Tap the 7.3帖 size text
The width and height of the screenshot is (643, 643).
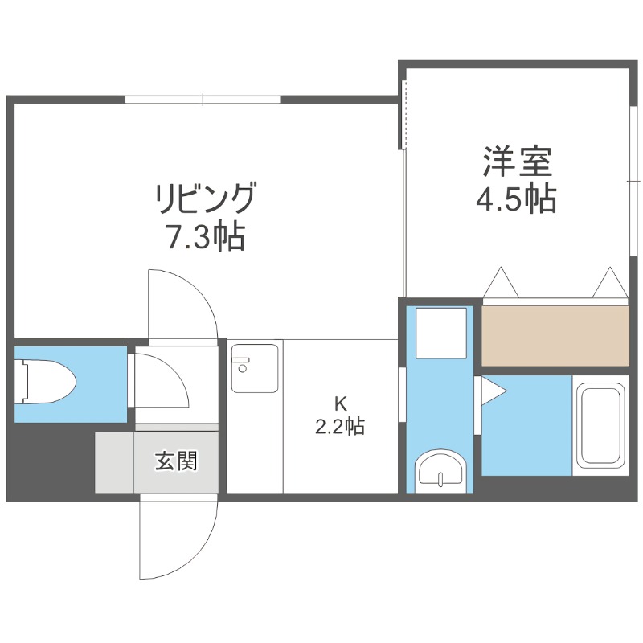[206, 236]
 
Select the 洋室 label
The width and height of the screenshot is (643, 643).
[518, 161]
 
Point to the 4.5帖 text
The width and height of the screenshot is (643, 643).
[516, 199]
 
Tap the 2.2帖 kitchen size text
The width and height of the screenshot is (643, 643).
[339, 426]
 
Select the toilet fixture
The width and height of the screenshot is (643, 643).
[46, 383]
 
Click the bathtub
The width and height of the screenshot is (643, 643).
[600, 425]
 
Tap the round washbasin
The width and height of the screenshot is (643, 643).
[440, 470]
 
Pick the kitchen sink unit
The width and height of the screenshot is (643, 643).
[254, 368]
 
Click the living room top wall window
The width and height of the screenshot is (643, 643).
[203, 100]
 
